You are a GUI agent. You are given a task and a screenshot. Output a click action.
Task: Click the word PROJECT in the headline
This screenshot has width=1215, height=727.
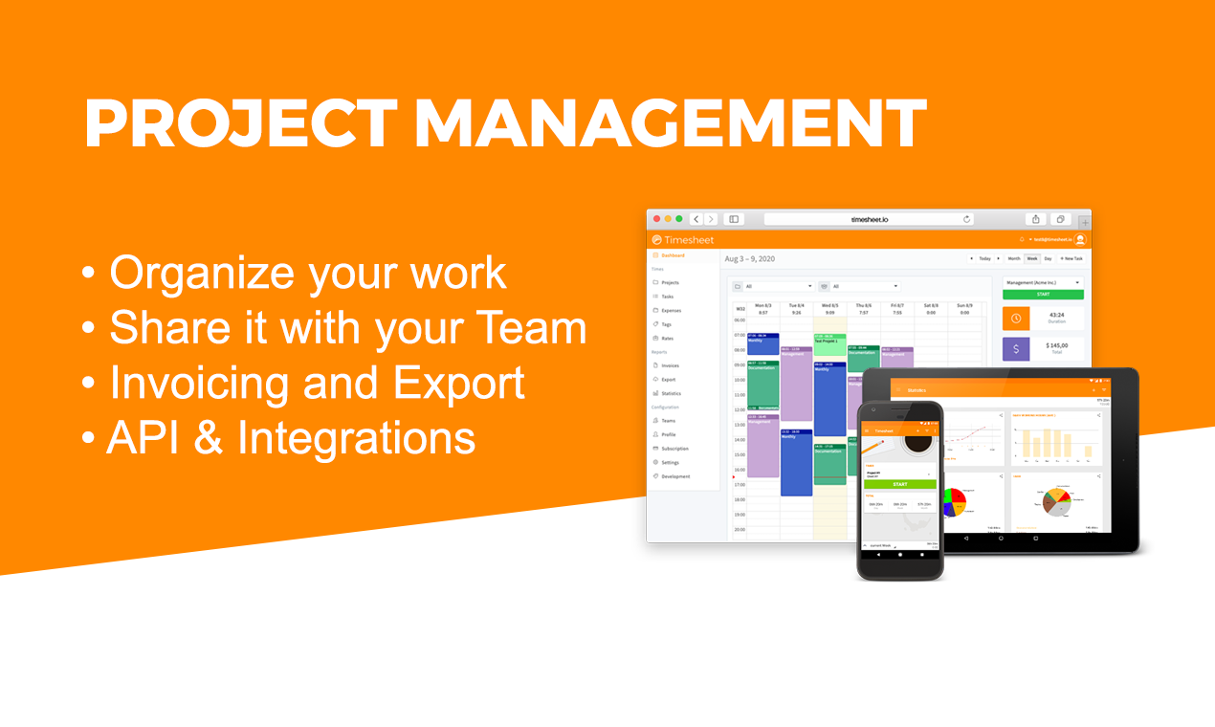(x=240, y=124)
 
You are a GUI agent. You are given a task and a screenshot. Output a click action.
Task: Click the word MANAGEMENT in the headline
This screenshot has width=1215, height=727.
(x=670, y=124)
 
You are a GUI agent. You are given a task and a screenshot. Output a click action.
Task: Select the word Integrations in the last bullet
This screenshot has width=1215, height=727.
(x=356, y=438)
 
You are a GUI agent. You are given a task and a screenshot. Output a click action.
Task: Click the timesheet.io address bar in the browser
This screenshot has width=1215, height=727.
(x=869, y=219)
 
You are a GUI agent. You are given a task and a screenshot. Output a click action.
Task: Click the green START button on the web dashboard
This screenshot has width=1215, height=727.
(x=1043, y=295)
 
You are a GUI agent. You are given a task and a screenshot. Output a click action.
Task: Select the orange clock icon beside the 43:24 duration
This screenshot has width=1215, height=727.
(x=1016, y=319)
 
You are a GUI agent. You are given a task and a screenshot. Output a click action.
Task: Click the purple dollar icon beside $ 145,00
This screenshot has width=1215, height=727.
(x=1016, y=349)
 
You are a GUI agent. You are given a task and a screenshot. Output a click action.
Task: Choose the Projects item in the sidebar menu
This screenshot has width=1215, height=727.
(x=670, y=283)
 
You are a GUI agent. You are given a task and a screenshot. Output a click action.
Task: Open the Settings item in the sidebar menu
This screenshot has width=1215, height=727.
(x=670, y=462)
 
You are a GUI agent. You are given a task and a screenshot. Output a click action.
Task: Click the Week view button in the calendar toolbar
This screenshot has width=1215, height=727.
(x=1032, y=258)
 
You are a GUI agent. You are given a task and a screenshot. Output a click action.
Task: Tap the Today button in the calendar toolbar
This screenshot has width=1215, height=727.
(x=984, y=258)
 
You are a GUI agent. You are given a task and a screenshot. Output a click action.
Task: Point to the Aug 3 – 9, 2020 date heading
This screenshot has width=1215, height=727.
(x=749, y=258)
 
